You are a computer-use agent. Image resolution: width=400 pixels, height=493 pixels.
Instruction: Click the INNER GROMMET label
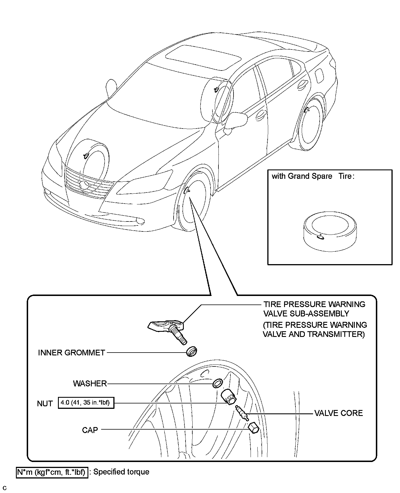coord(72,353)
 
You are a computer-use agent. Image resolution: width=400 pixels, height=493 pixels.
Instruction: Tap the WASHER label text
coord(90,383)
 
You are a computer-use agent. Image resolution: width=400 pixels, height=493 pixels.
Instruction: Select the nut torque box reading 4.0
coord(86,403)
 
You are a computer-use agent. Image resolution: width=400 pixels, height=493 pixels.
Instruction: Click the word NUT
coord(45,403)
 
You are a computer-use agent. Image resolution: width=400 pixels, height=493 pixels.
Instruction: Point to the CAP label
coord(90,430)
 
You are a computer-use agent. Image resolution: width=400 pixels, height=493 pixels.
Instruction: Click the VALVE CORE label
coord(338,413)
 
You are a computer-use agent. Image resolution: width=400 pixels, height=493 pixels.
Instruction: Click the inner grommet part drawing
coord(192,351)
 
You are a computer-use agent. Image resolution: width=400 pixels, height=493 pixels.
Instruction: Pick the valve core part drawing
coord(242,413)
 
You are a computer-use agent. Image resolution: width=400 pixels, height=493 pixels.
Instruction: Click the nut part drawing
coord(228,397)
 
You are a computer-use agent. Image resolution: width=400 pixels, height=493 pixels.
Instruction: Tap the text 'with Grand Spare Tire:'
coord(313,176)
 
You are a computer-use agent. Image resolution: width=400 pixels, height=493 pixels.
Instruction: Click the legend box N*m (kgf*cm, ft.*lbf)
coord(52,472)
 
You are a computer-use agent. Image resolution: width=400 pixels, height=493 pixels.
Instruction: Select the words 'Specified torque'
coord(121,472)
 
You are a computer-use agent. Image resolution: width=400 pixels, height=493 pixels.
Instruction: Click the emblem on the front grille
coord(84,185)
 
